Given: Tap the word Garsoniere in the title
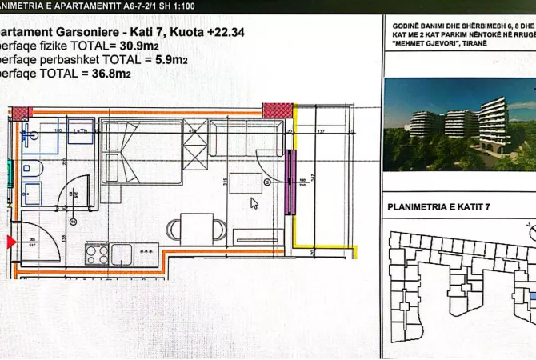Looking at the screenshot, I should [85, 33].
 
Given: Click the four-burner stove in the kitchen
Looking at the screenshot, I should [97, 254].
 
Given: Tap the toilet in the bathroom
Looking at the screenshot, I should [34, 167].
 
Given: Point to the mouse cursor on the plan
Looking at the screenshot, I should [254, 203].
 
